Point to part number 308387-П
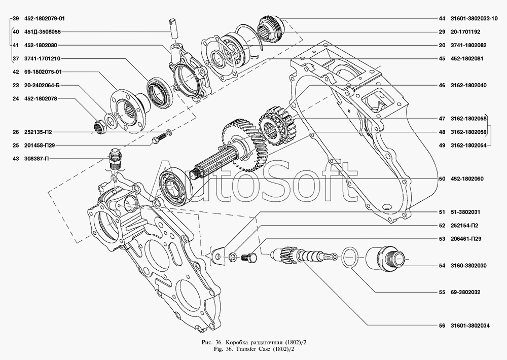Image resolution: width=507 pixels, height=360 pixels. click(x=38, y=159)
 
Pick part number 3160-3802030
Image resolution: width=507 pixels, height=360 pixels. click(x=468, y=265)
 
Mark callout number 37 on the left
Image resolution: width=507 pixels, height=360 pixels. click(x=16, y=58)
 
